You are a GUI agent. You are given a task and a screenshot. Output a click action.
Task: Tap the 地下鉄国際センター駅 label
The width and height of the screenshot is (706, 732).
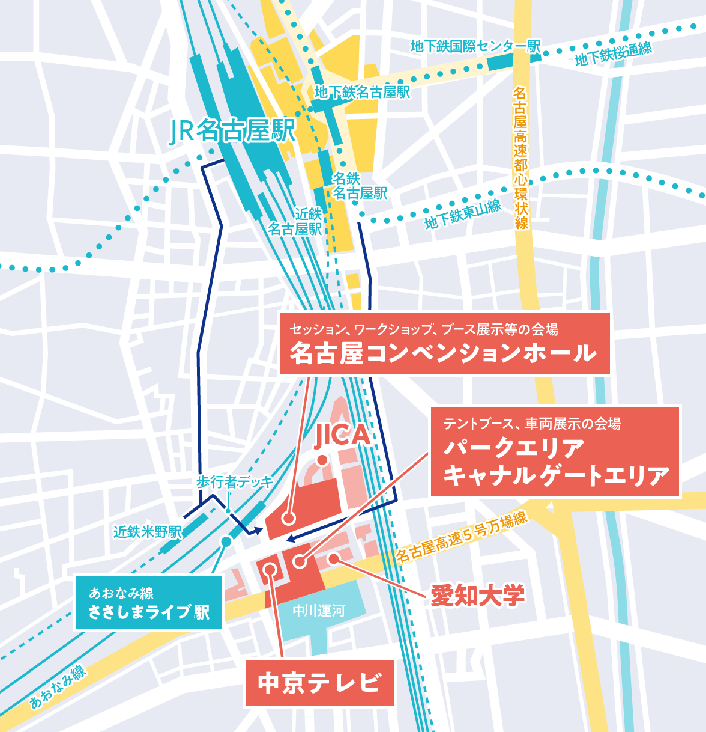pyautogui.click(x=475, y=46)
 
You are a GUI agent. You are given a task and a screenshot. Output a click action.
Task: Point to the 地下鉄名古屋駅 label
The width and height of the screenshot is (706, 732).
pyautogui.click(x=362, y=92)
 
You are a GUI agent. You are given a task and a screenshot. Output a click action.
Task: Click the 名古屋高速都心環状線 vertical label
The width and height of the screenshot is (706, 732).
pyautogui.click(x=520, y=157)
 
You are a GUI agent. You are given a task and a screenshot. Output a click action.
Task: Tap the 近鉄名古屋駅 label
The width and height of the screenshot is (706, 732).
pyautogui.click(x=295, y=221)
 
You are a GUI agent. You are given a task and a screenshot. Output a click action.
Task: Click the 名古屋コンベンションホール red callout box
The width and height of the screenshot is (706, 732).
pyautogui.click(x=444, y=343)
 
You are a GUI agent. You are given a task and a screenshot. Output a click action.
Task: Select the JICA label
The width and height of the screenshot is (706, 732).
pyautogui.click(x=342, y=436)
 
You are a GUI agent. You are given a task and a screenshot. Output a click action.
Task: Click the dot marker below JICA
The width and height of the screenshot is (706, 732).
pyautogui.click(x=322, y=460)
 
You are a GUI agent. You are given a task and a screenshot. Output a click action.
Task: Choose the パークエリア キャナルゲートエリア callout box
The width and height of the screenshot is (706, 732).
pyautogui.click(x=555, y=452)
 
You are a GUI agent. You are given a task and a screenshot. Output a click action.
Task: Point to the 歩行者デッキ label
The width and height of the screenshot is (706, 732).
pyautogui.click(x=234, y=482)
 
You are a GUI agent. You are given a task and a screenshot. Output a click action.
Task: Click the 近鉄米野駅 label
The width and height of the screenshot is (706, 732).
pyautogui.click(x=147, y=532)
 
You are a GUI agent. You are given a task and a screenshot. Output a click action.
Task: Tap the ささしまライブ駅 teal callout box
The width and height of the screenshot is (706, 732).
pyautogui.click(x=148, y=603)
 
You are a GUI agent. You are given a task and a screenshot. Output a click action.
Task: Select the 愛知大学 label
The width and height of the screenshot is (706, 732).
pyautogui.click(x=478, y=596)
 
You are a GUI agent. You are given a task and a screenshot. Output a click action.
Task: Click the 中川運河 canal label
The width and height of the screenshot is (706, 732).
pyautogui.click(x=319, y=611)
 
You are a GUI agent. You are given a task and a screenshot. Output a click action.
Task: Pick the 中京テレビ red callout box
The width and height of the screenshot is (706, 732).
pyautogui.click(x=319, y=683)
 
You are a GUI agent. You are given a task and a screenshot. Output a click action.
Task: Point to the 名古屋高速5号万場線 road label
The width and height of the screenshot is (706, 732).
pyautogui.click(x=461, y=536)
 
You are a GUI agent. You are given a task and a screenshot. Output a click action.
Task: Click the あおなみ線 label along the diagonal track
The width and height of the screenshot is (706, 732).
pyautogui.click(x=58, y=686)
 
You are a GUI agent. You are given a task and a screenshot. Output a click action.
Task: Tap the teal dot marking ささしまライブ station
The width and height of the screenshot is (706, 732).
pyautogui.click(x=226, y=541)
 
